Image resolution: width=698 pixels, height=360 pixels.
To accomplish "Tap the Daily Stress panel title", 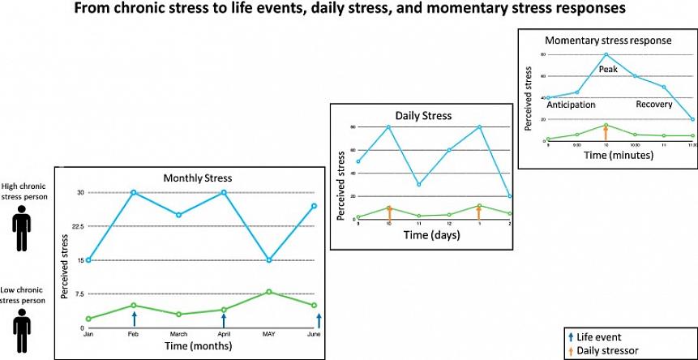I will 422,115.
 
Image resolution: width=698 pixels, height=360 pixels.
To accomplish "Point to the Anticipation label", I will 572,105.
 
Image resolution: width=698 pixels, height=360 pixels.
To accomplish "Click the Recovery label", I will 653,105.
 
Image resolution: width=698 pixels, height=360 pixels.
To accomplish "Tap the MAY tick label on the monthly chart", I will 268,334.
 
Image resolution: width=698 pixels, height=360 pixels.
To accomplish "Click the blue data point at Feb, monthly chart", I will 134,192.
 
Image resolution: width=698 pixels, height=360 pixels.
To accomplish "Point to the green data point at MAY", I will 268,291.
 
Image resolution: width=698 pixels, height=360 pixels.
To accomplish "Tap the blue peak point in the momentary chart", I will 606,54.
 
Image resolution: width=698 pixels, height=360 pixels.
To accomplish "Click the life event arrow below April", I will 224,319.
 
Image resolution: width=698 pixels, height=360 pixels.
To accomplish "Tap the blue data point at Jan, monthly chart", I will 88,260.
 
